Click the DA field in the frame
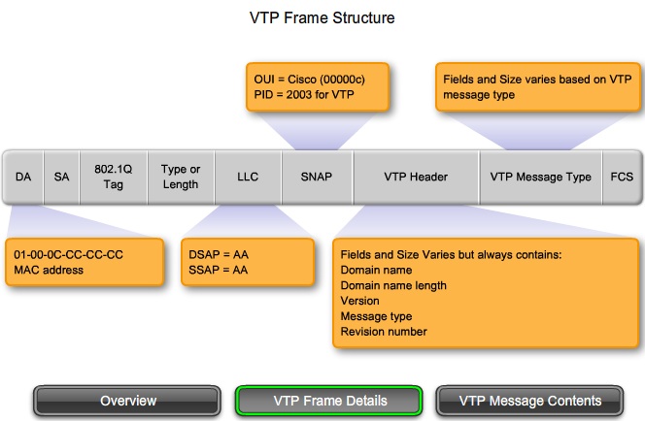23,177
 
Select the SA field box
61,177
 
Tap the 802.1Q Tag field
113,177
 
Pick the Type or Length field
180,177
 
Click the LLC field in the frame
248,177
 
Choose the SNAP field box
318,177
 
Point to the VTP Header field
415,177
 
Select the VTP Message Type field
540,177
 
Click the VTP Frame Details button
329,401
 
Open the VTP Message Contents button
530,401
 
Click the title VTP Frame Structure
322,18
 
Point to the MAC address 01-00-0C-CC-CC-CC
69,254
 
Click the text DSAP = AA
220,254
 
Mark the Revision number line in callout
384,332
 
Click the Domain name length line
393,285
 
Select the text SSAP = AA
220,270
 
